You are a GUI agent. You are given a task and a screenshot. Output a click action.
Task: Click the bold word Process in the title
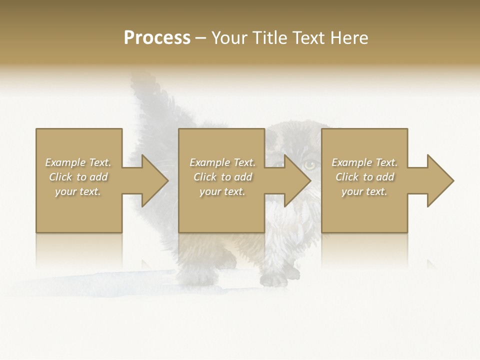coord(157,38)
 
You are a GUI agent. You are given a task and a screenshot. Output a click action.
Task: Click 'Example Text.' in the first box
coord(78,162)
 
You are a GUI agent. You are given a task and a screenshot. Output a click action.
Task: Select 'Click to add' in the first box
coord(78,177)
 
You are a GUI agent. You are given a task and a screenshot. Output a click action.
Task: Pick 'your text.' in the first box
coord(78,191)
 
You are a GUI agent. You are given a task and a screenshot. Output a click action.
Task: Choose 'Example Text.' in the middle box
coord(222,162)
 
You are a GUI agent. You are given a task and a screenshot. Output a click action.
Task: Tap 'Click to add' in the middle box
coord(222,177)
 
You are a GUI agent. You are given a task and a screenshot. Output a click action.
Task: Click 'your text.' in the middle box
coord(222,191)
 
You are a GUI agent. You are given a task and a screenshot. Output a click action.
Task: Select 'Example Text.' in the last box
coord(364,162)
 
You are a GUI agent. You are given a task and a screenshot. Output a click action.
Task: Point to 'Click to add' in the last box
coord(364,177)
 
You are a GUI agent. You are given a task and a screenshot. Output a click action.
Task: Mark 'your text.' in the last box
coord(364,191)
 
